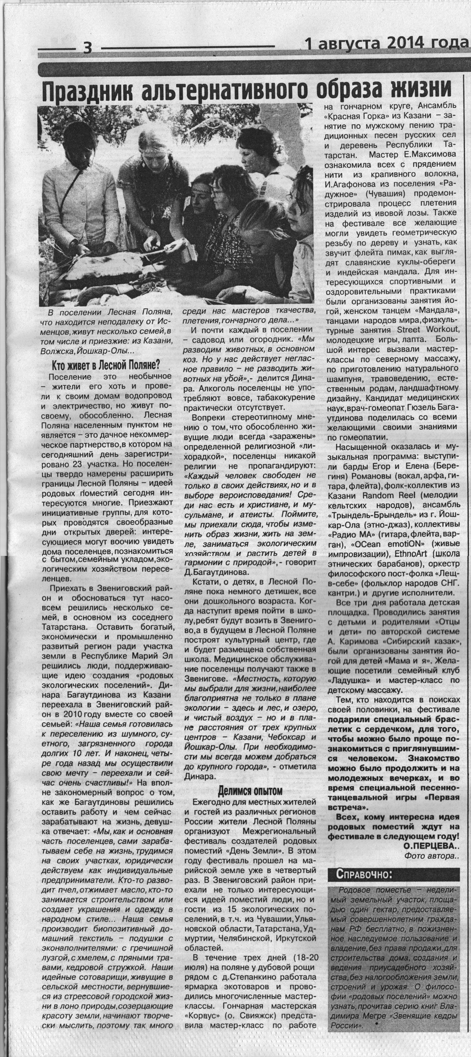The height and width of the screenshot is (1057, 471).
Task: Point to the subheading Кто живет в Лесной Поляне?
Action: coord(106,365)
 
